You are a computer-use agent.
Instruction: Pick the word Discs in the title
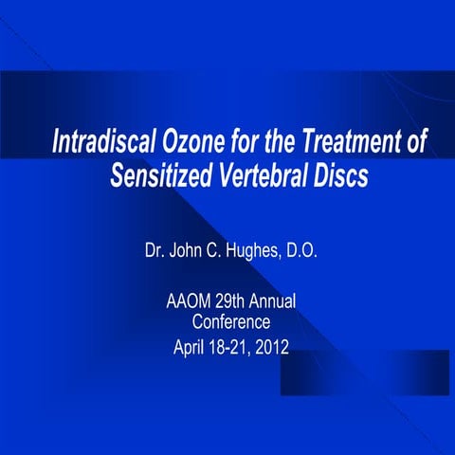tap(343, 177)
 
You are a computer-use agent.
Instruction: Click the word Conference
tap(230, 323)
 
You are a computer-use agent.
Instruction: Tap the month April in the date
tap(190, 345)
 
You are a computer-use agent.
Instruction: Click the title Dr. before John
tap(155, 253)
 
